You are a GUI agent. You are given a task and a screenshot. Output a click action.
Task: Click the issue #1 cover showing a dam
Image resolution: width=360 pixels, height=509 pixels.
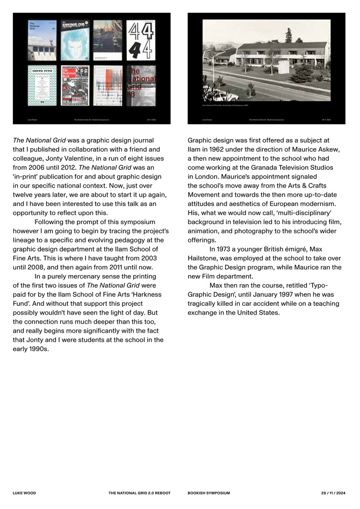[x=42, y=40]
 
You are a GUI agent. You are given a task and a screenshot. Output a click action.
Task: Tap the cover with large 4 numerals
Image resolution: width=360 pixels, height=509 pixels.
[x=141, y=40]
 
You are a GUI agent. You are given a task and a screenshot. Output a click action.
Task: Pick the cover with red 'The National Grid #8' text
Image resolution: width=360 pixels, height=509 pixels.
[x=141, y=85]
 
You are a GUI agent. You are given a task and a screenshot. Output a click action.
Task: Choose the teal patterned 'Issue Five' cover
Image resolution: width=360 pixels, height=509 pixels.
[x=42, y=85]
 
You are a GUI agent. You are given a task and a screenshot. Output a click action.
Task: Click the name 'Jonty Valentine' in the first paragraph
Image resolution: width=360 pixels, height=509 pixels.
[x=98, y=157]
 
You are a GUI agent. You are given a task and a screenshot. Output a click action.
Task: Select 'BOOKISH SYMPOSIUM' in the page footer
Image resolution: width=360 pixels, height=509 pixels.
[x=209, y=493]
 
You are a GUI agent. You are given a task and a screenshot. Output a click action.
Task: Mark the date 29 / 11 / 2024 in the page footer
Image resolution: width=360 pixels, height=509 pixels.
[x=334, y=493]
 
